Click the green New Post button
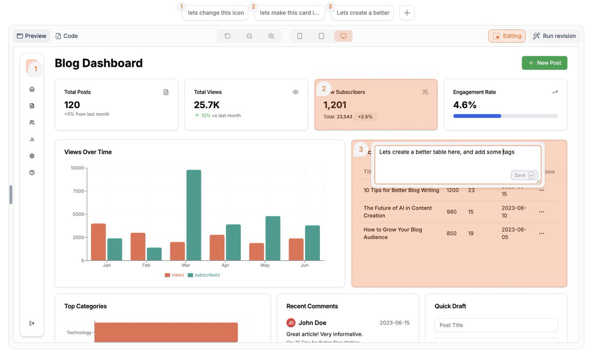click(544, 63)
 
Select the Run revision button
click(554, 36)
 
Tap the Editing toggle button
click(507, 36)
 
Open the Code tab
click(66, 36)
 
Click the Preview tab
click(31, 36)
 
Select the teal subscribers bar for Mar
click(193, 215)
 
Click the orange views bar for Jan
click(98, 242)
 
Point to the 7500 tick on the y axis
click(77, 191)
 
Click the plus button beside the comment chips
click(407, 13)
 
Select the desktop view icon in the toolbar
click(343, 36)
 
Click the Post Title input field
click(496, 325)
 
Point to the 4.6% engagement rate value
click(464, 105)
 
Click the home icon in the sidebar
click(32, 89)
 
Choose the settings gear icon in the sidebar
click(32, 156)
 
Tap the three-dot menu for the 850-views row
click(541, 233)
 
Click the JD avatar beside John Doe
click(291, 323)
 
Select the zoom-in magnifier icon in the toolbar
click(271, 36)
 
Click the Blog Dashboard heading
click(99, 63)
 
